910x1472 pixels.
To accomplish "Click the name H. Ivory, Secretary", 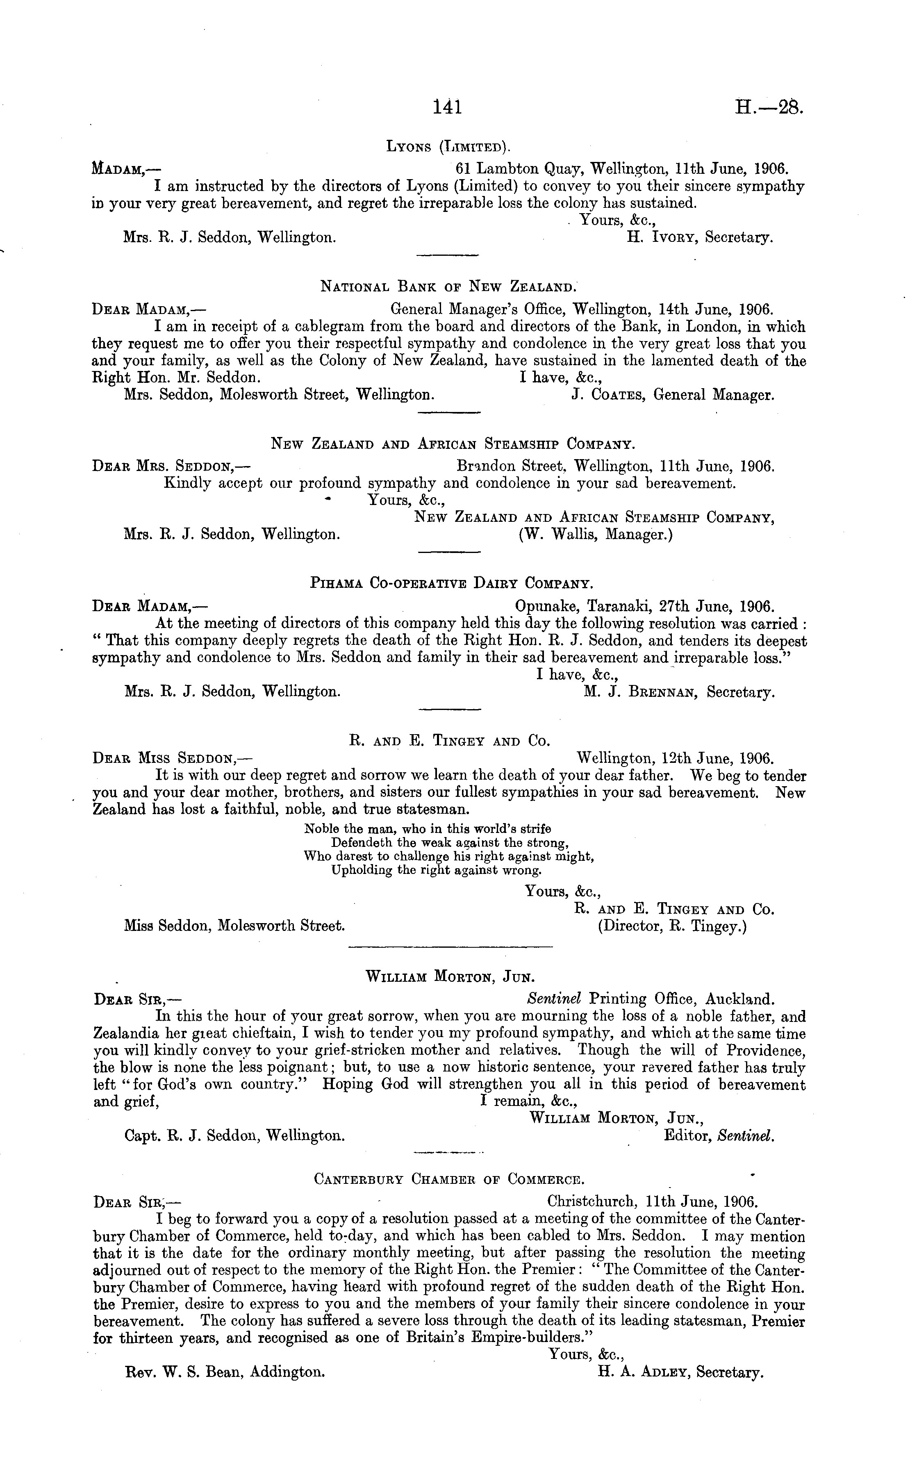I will point(700,238).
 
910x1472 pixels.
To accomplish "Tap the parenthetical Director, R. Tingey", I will point(672,927).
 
